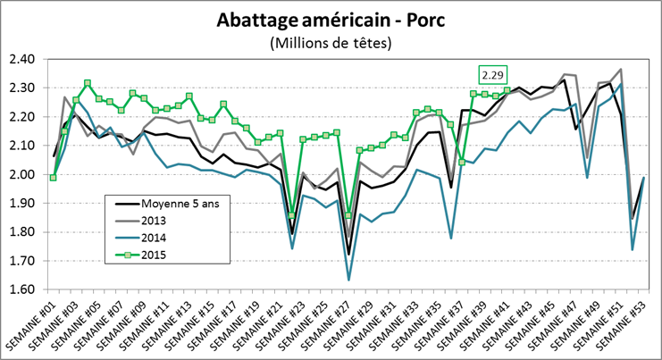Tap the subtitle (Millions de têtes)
pyautogui.click(x=330, y=41)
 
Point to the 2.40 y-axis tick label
pyautogui.click(x=22, y=59)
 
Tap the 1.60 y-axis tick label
pyautogui.click(x=22, y=290)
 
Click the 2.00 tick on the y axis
pyautogui.click(x=22, y=174)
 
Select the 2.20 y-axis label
pyautogui.click(x=22, y=117)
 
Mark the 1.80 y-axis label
pyautogui.click(x=22, y=232)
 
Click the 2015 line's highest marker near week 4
pyautogui.click(x=88, y=83)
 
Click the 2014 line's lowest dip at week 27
pyautogui.click(x=348, y=280)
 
